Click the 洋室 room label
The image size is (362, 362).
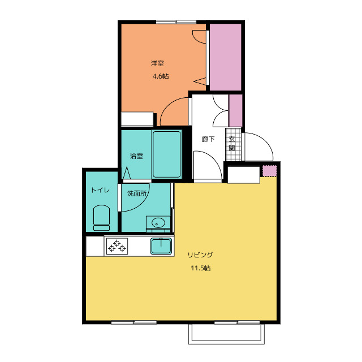157,63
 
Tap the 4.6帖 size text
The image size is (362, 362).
161,76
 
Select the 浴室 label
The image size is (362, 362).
136,156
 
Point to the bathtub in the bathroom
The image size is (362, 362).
166,154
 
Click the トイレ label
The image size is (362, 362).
100,190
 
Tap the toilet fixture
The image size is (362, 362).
101,218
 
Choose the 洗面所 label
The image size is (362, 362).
137,193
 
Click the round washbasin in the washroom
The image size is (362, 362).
158,223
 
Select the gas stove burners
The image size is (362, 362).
117,246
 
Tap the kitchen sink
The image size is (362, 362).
161,246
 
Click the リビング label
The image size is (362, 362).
200,255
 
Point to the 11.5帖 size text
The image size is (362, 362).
201,268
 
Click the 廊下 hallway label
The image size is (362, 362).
208,139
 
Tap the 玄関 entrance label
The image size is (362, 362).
232,143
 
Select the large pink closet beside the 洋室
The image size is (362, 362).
225,57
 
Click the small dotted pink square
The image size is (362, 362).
269,171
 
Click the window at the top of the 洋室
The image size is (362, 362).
176,22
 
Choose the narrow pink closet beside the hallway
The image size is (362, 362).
235,111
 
